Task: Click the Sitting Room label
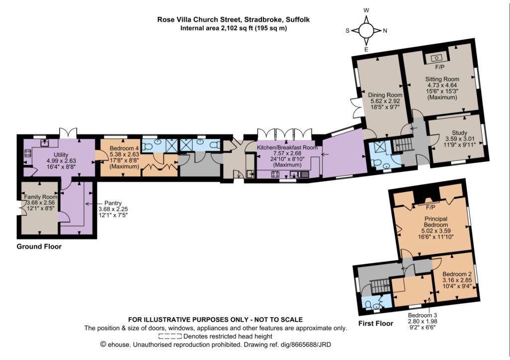(442, 79)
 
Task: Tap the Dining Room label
(385, 95)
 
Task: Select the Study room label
(459, 132)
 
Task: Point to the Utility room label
(61, 154)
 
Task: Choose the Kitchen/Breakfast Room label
(287, 147)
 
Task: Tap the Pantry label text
(113, 203)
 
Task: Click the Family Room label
(41, 197)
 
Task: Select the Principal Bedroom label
(436, 222)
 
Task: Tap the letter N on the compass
(385, 31)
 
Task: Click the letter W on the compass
(366, 10)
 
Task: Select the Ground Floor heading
(39, 246)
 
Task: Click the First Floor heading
(376, 324)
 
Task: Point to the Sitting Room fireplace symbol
(436, 58)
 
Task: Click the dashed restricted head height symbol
(170, 336)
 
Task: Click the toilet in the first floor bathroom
(368, 304)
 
